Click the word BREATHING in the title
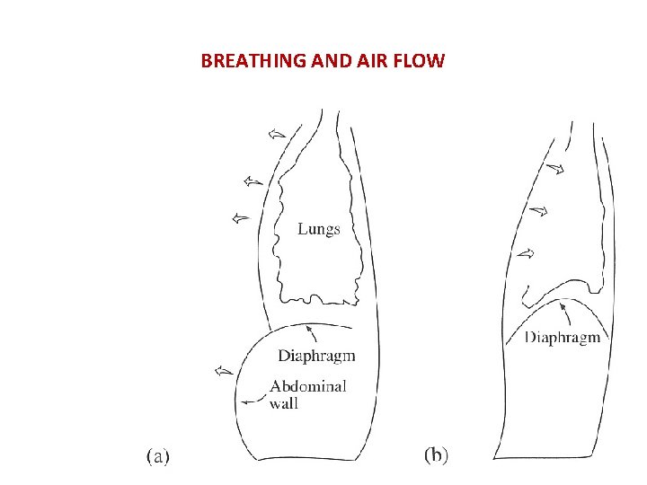(x=253, y=62)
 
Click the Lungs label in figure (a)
(x=319, y=229)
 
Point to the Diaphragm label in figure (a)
(x=316, y=356)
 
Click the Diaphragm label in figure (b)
(x=562, y=338)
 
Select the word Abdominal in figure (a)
(x=308, y=386)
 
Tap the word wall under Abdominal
(x=284, y=403)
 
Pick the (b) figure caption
(x=436, y=455)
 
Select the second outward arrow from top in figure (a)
(x=253, y=181)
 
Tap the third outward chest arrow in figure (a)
(x=240, y=216)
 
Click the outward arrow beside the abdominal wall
(x=224, y=369)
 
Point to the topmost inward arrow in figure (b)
(x=555, y=167)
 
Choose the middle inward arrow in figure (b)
(x=538, y=211)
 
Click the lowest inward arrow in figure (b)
(x=526, y=254)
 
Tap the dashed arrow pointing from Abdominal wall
(x=254, y=398)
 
